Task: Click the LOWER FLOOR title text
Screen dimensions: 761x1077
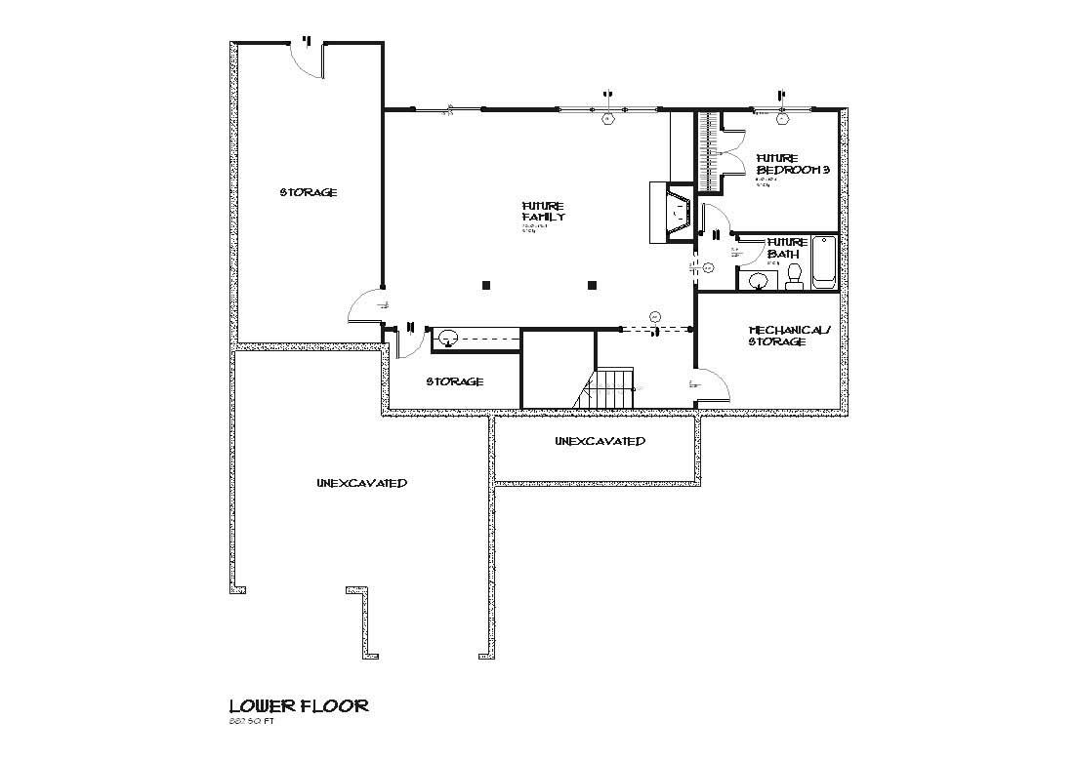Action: tap(298, 705)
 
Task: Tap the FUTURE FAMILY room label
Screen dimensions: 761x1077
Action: tap(543, 212)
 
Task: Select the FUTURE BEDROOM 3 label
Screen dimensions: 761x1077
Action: tap(792, 163)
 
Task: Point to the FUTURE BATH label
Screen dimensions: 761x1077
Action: tap(787, 248)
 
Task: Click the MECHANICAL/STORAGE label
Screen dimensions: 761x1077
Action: tap(788, 336)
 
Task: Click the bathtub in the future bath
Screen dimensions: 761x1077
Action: tap(824, 261)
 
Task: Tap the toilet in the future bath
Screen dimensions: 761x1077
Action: tap(794, 276)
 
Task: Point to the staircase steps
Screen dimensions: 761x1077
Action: tap(613, 388)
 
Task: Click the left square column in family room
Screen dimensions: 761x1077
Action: tap(485, 285)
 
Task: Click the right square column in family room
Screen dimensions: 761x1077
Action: tap(592, 285)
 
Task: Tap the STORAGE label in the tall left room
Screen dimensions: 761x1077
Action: tap(309, 192)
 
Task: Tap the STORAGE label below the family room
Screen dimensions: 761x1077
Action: tap(454, 381)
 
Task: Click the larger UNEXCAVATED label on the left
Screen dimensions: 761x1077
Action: tap(361, 484)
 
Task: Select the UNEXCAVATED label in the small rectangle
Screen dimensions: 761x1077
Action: tap(600, 441)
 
